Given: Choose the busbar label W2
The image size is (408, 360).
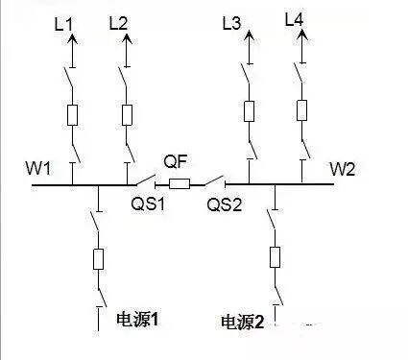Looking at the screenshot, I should [x=343, y=170].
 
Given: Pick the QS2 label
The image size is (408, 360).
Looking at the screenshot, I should [x=221, y=203].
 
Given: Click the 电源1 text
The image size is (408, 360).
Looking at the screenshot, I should [x=135, y=319].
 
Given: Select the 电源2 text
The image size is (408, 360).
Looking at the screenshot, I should [x=241, y=322].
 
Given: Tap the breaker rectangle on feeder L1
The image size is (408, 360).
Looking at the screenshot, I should [x=73, y=115].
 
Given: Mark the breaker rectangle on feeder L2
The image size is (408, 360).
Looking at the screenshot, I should [x=127, y=115].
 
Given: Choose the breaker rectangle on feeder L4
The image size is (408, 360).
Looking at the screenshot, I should [x=302, y=108].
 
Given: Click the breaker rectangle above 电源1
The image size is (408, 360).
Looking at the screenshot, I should [x=98, y=260].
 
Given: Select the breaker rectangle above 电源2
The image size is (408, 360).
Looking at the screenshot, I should [x=276, y=256].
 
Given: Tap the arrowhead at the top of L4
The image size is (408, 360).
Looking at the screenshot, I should [x=302, y=35].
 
